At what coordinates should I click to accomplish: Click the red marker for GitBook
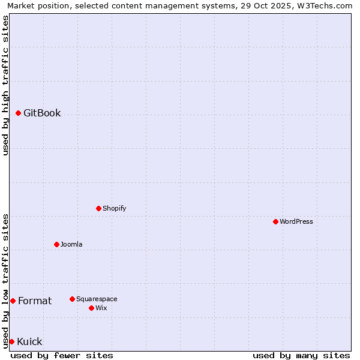[18, 113]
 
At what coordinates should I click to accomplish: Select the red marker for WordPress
[275, 221]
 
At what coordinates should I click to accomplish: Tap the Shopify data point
[98, 208]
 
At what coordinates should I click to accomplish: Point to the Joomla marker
[56, 244]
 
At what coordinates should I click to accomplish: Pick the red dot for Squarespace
[72, 299]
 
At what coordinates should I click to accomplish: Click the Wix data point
[91, 308]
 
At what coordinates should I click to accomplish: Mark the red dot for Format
[13, 301]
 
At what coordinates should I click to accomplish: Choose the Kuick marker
[11, 341]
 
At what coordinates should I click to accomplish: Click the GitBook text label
[42, 113]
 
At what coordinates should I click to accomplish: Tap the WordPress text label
[296, 221]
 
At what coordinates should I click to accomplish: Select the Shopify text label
[114, 208]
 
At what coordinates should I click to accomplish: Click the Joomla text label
[71, 244]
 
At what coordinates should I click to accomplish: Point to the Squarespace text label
[97, 299]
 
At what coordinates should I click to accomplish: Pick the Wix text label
[101, 308]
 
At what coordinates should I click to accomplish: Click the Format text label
[35, 301]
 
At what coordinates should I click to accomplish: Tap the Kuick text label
[29, 341]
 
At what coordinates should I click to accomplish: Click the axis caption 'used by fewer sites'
[62, 355]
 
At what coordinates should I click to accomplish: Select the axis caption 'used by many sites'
[301, 355]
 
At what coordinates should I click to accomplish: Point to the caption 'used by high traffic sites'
[5, 85]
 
